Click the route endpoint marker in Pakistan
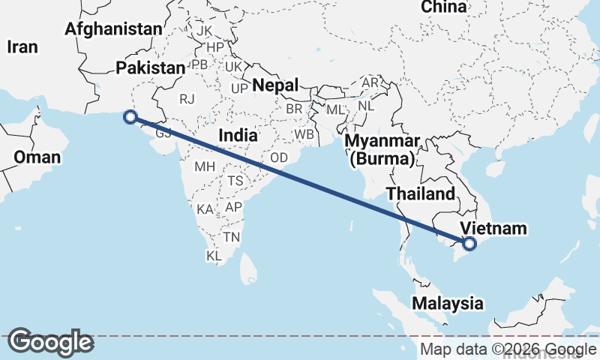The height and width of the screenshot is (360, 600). [130, 117]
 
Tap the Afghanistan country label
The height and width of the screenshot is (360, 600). [113, 29]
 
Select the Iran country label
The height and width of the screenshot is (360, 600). [22, 46]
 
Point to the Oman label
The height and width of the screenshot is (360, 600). [37, 157]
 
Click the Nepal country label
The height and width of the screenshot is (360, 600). [275, 85]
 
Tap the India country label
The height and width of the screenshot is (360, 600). [238, 136]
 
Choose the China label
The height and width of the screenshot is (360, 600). [444, 7]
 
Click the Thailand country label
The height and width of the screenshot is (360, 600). [421, 194]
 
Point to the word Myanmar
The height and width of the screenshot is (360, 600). [382, 142]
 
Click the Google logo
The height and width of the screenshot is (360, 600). [50, 342]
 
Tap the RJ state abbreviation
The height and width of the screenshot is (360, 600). [186, 98]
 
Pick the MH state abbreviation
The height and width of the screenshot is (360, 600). [205, 166]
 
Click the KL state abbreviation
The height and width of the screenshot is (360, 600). [214, 256]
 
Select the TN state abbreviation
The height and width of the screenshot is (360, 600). [231, 238]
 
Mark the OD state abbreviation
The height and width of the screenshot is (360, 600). [279, 157]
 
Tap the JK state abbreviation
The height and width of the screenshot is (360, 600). [205, 31]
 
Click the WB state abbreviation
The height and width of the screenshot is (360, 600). [304, 135]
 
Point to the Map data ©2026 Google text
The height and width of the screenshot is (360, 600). [508, 349]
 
